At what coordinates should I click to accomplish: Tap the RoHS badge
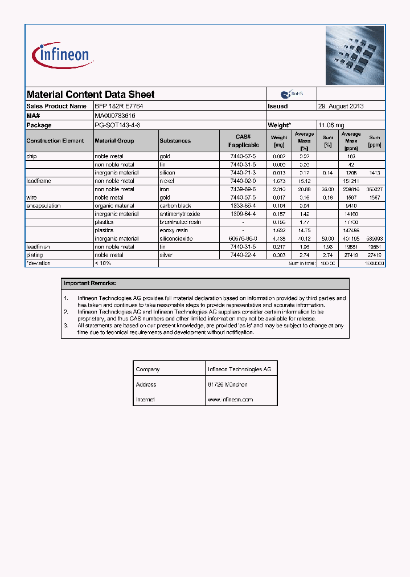pyautogui.click(x=292, y=94)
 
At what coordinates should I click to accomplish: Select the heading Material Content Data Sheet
pyautogui.click(x=91, y=95)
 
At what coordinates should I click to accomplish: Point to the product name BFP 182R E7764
pyautogui.click(x=118, y=106)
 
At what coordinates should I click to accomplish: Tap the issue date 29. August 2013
pyautogui.click(x=341, y=106)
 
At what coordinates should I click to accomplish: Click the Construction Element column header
pyautogui.click(x=55, y=141)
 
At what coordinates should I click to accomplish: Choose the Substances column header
pyautogui.click(x=175, y=141)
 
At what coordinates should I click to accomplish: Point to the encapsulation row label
pyautogui.click(x=43, y=206)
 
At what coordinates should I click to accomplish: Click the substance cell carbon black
pyautogui.click(x=175, y=206)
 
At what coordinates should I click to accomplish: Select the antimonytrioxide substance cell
pyautogui.click(x=180, y=214)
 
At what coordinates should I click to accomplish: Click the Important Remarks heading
pyautogui.click(x=90, y=283)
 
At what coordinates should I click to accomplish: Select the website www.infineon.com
pyautogui.click(x=230, y=400)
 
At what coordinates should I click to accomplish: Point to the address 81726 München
pyautogui.click(x=228, y=385)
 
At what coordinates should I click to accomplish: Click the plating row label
pyautogui.click(x=35, y=255)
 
